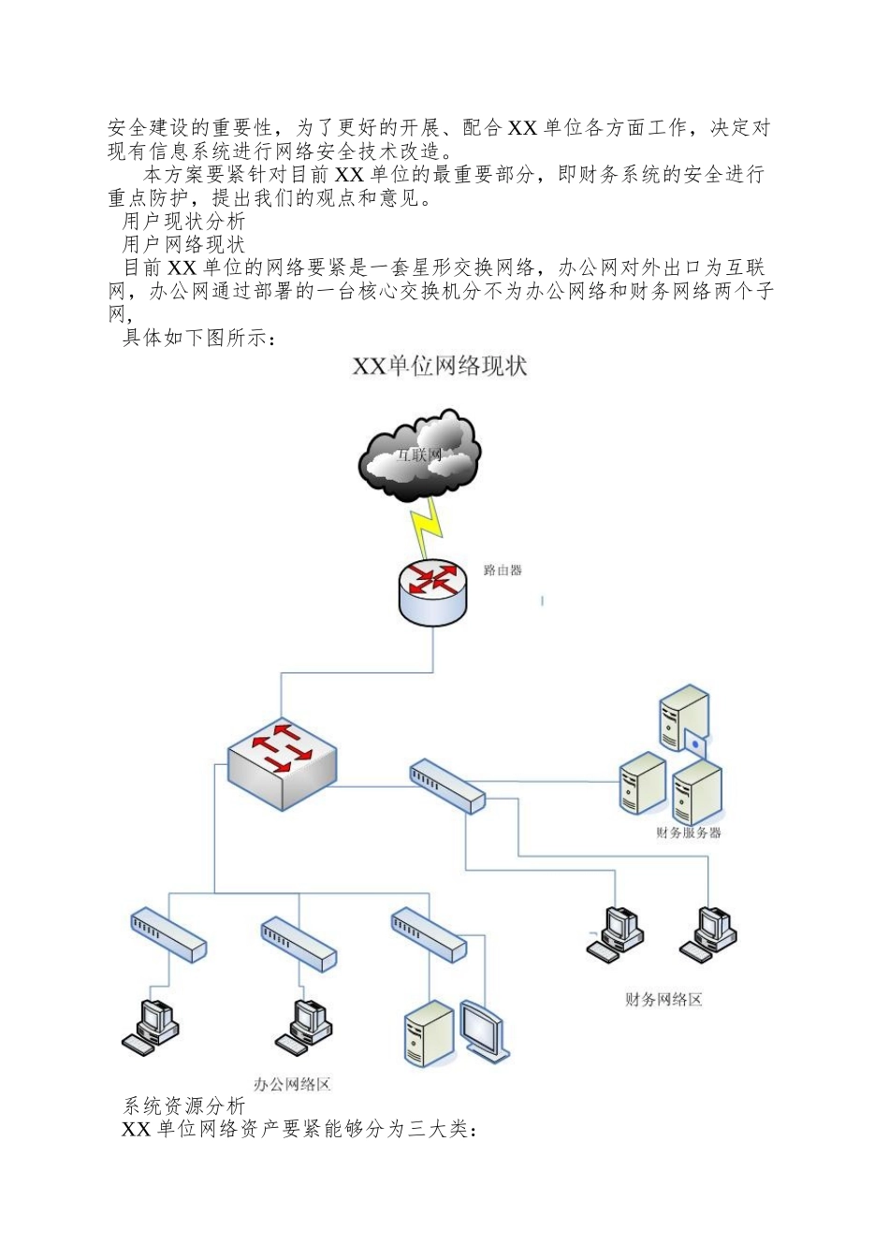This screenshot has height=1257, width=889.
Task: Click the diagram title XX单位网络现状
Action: pos(440,366)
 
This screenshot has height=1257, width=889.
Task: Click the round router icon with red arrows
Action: pos(432,592)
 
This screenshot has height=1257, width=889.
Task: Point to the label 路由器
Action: pos(503,570)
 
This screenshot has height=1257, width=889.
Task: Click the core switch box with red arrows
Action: pos(282,762)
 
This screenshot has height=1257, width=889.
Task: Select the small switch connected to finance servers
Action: pos(447,787)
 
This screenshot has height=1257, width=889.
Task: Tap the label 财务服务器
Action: pos(688,832)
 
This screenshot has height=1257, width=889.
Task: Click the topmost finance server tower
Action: pos(684,718)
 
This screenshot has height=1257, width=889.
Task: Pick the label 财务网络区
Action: pos(663,999)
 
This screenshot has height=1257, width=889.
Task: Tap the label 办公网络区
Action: pos(292,1084)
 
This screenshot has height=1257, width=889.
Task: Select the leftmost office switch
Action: pos(168,934)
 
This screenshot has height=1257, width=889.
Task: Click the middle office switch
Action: pos(299,944)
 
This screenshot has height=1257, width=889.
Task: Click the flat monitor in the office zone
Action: pos(485,1031)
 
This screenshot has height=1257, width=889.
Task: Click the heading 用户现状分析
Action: pos(183,221)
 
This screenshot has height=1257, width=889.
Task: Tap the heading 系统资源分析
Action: pos(184,1105)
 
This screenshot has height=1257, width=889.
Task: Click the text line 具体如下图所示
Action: pos(199,338)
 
